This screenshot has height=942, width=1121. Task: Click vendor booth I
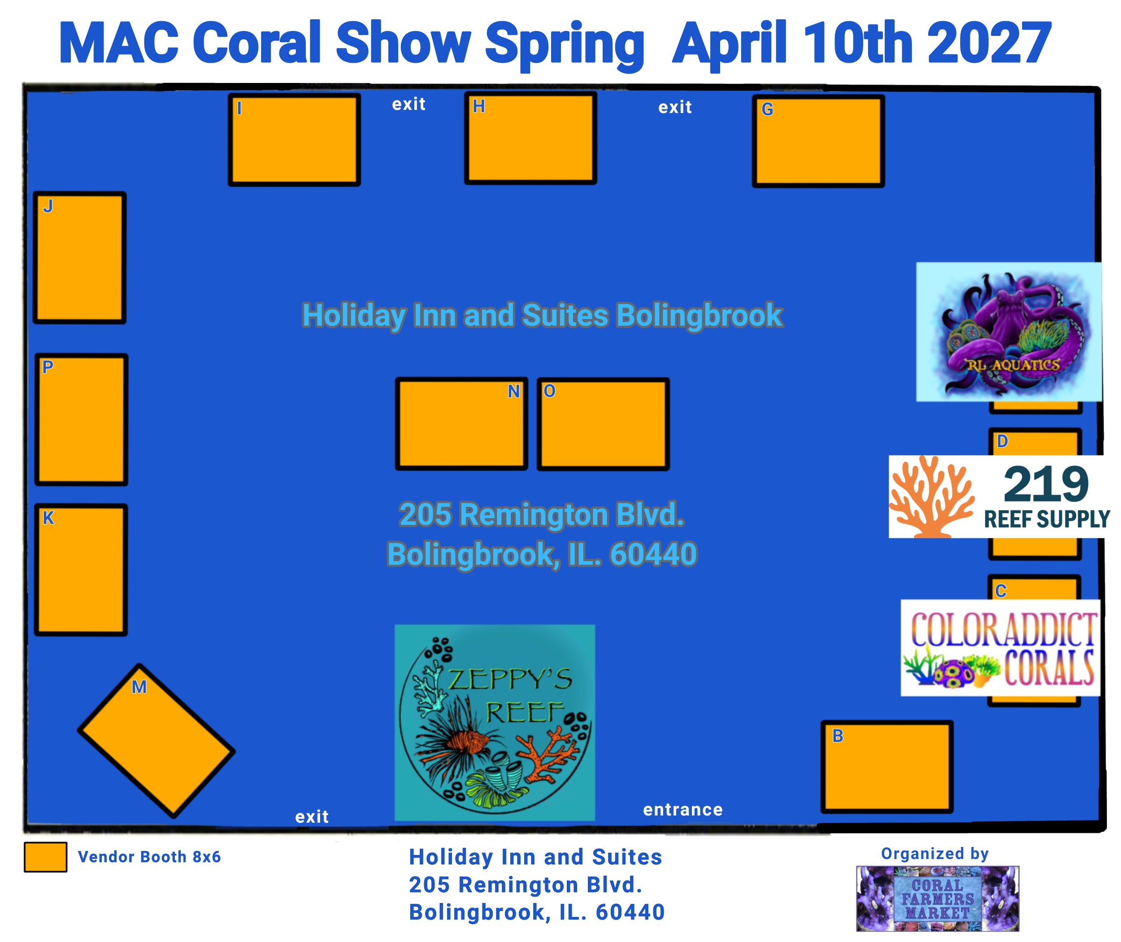[294, 140]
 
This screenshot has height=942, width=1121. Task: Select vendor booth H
[530, 138]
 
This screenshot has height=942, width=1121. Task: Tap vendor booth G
[818, 141]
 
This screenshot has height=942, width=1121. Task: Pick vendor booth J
[79, 258]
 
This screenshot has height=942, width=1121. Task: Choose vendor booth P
[81, 420]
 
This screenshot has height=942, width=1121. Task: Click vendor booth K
[81, 570]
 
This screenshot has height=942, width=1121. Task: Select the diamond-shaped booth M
[156, 741]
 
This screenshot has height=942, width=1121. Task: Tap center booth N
[462, 424]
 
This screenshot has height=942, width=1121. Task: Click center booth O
[603, 424]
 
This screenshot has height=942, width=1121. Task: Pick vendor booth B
[887, 767]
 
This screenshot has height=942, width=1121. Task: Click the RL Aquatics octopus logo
[1009, 331]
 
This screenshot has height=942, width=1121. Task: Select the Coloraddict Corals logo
[1000, 648]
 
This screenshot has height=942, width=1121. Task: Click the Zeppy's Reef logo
[495, 723]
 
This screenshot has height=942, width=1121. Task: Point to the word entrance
[683, 810]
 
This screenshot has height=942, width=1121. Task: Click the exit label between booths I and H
[409, 104]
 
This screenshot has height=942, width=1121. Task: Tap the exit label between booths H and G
[675, 107]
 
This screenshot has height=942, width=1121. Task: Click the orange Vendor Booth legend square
[45, 857]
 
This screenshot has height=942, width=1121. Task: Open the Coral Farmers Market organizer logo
[938, 899]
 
